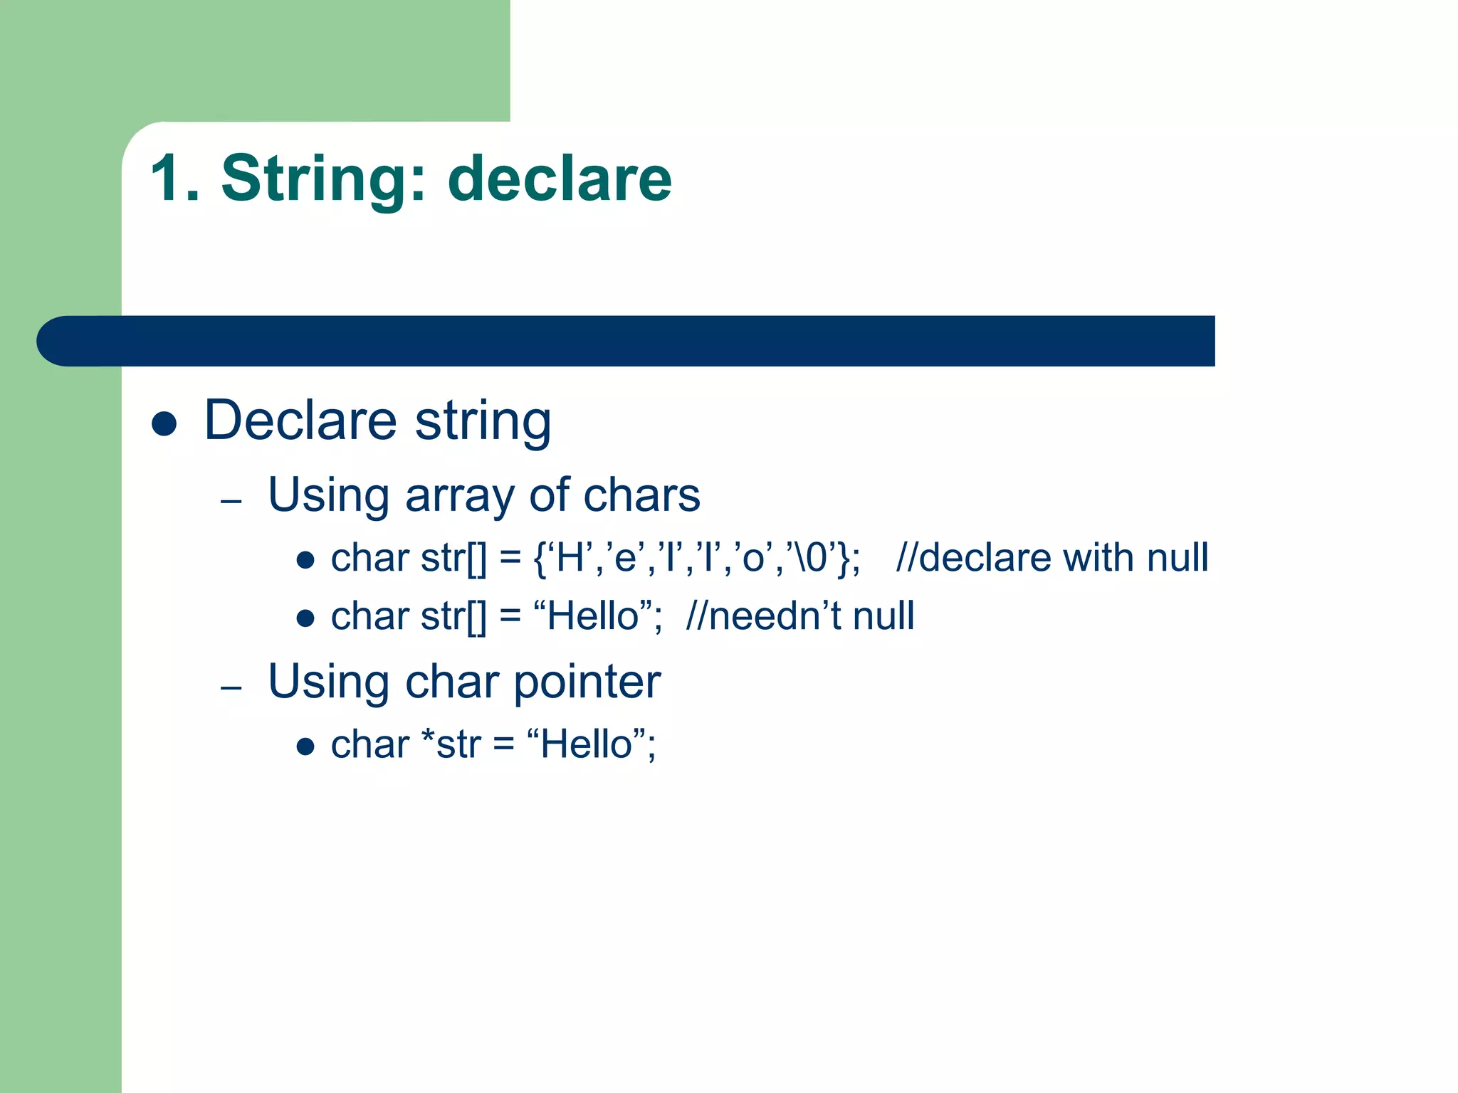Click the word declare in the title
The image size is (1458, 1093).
coord(560,179)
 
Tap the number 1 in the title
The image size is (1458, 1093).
coord(168,179)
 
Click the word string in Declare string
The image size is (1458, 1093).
coord(483,421)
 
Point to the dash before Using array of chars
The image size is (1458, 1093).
coord(231,502)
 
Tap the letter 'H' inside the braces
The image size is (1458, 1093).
coord(570,557)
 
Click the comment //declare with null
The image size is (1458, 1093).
coord(1051,557)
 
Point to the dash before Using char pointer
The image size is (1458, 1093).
coord(231,688)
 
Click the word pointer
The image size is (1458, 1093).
coord(587,683)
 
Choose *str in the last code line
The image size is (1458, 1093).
coord(451,745)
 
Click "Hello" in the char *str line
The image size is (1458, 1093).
coord(587,745)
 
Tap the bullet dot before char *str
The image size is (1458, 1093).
coord(305,746)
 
